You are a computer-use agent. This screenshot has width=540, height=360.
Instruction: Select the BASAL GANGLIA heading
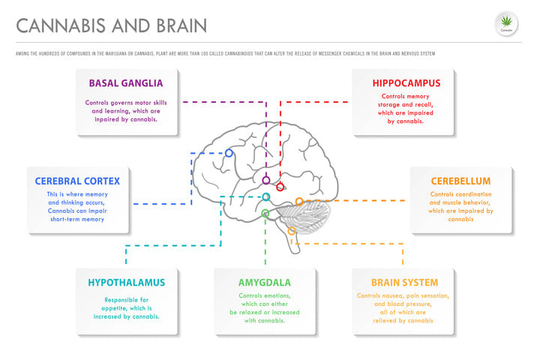(126, 82)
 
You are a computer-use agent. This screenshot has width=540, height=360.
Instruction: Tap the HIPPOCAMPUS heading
(406, 82)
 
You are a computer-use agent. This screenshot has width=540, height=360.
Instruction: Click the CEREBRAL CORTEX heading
(77, 181)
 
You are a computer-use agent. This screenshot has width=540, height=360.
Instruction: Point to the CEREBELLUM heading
(460, 181)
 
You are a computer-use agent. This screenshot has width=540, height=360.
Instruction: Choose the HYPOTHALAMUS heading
(126, 283)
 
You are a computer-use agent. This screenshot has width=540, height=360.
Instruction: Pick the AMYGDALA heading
(264, 283)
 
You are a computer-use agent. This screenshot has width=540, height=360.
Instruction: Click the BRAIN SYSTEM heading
(404, 283)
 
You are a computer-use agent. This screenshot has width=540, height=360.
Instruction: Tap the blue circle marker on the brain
(229, 153)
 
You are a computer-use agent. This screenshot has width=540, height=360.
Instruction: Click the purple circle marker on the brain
(266, 180)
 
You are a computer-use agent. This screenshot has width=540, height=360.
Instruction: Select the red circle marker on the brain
(280, 187)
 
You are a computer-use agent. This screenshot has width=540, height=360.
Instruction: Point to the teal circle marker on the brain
(266, 197)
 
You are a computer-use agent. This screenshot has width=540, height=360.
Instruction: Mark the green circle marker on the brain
(265, 214)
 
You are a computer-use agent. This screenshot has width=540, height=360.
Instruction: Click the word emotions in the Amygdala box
(277, 295)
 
